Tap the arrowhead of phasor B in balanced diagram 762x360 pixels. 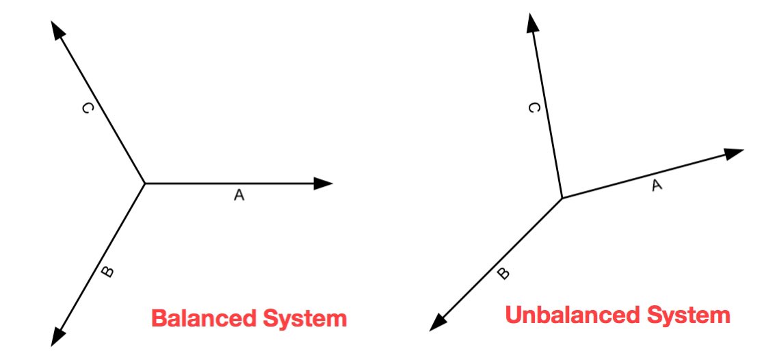[58, 335]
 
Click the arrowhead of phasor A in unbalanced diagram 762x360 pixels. [734, 153]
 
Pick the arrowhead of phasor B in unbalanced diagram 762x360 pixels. [438, 322]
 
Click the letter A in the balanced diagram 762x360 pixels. [238, 196]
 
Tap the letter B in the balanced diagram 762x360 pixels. [107, 272]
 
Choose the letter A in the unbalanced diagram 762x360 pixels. [656, 184]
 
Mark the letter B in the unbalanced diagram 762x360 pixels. [503, 274]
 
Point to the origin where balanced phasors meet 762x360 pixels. [145, 183]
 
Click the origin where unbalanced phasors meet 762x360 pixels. [562, 198]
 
